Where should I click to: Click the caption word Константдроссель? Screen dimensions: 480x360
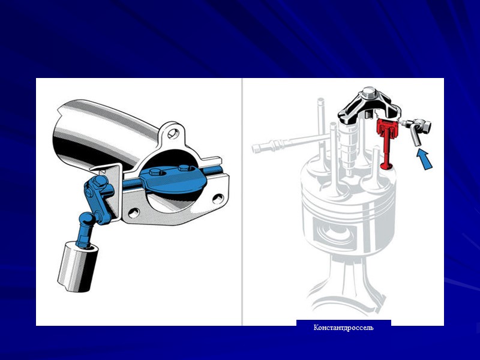point(343,328)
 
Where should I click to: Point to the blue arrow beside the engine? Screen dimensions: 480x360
point(425,159)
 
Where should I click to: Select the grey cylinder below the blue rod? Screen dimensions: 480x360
point(78,266)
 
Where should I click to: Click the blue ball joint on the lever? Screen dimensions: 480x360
point(86,219)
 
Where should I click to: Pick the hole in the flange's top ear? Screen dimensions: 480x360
point(173,133)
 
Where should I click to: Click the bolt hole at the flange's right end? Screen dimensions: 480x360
point(218,199)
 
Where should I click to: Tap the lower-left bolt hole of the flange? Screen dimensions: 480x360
point(134,213)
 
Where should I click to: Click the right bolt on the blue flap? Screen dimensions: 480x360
point(184,168)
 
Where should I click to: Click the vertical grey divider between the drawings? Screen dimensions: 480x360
point(242,202)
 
